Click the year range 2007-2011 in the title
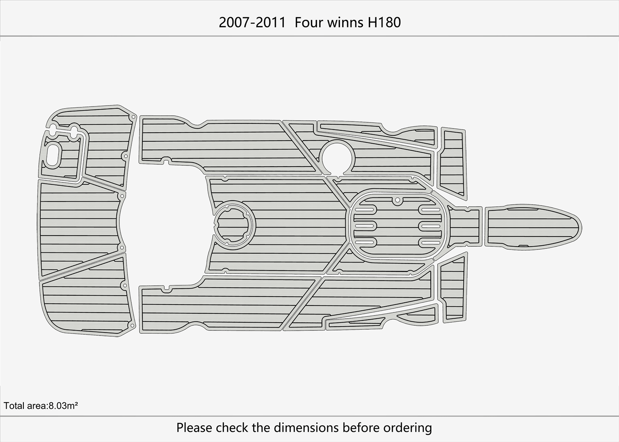(252, 22)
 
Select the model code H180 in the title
(384, 22)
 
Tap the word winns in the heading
(344, 22)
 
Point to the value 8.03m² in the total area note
(63, 405)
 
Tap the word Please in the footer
(195, 427)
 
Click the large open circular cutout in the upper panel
(338, 156)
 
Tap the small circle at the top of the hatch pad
(397, 200)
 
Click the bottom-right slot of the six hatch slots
(430, 242)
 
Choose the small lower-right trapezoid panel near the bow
(452, 290)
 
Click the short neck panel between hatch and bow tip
(466, 226)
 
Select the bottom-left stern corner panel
(86, 301)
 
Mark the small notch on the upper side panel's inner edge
(166, 160)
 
